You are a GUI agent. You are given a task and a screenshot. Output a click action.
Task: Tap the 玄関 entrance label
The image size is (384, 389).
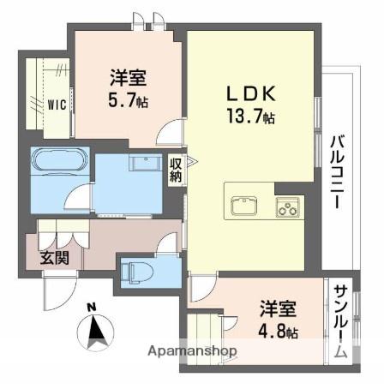pos(53,256)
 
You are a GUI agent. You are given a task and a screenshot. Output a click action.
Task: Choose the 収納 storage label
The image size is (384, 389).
pos(176,171)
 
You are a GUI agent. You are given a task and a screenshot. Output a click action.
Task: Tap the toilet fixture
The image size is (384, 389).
pos(138,272)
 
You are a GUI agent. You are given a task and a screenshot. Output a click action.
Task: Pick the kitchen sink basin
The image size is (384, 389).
pos(243,206)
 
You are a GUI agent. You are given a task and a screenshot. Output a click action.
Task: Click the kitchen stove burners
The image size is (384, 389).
pos(286,206)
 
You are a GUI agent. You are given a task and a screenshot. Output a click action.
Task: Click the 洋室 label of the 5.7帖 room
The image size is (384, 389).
pos(127,77)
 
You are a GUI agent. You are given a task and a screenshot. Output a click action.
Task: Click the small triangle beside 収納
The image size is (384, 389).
pos(193,159)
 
